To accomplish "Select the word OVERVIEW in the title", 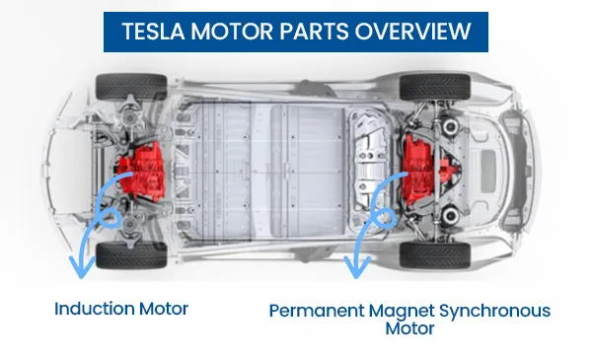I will tap(412, 32).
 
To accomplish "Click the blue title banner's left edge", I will tap(107, 32).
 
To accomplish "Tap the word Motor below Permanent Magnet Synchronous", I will tap(408, 329).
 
